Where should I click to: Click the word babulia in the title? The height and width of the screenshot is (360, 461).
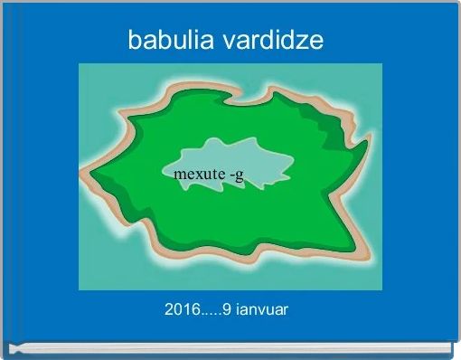tap(170, 41)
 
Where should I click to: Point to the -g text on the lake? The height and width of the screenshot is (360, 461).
tap(235, 175)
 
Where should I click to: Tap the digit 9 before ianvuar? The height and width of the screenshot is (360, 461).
tap(227, 310)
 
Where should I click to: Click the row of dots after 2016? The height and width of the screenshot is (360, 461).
tap(210, 313)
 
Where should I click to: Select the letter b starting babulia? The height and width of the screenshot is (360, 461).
tap(134, 41)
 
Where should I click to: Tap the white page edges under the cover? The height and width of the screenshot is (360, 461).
tap(230, 348)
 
